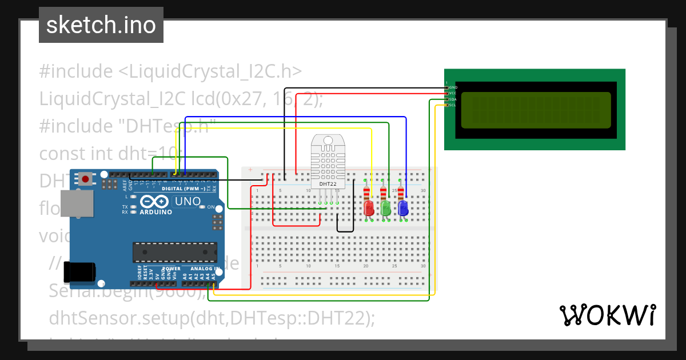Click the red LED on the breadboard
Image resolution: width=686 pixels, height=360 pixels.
coord(369,207)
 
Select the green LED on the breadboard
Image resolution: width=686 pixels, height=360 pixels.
coord(386,207)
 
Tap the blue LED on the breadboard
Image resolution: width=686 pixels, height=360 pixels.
coord(403,207)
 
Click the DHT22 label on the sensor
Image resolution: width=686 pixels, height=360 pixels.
coord(327,183)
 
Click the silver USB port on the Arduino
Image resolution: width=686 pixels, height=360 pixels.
coord(76,204)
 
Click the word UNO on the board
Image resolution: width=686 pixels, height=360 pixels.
coord(188,201)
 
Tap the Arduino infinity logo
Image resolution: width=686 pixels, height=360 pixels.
coord(154,202)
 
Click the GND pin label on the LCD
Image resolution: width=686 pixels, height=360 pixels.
coord(453,87)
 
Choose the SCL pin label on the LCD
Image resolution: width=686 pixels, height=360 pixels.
coord(452,105)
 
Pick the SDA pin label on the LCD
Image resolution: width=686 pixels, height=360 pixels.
coord(452,99)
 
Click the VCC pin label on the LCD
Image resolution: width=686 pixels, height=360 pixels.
coord(453,93)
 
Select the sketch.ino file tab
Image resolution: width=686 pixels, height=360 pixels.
coord(101,25)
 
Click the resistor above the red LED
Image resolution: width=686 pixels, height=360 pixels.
coord(366,193)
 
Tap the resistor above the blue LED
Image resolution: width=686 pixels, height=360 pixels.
coord(401,193)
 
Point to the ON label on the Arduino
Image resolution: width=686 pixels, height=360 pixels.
coord(210,207)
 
